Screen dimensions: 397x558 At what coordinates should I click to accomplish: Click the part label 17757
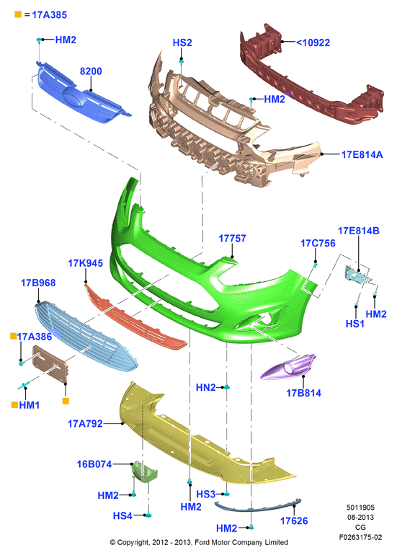click(x=232, y=239)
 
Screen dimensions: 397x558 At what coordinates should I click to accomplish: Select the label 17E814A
click(x=362, y=154)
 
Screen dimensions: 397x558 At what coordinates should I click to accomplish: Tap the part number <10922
click(x=313, y=43)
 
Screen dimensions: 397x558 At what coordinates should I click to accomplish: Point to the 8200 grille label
click(x=91, y=71)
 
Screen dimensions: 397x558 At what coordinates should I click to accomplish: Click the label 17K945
click(x=85, y=263)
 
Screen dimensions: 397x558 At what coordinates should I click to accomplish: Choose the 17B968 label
click(x=38, y=283)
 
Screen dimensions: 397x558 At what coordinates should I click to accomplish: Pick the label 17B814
click(x=304, y=393)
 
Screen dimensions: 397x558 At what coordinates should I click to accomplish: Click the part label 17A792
click(x=85, y=423)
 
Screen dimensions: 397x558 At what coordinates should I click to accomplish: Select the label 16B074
click(x=94, y=464)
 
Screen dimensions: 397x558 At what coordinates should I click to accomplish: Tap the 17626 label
click(x=294, y=521)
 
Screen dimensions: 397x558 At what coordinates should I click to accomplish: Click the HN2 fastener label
click(x=205, y=387)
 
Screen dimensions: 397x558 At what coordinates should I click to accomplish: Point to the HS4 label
click(x=122, y=515)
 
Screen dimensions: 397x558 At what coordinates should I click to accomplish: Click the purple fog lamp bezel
click(x=288, y=367)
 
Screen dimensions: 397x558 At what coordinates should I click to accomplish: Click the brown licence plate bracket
click(x=49, y=364)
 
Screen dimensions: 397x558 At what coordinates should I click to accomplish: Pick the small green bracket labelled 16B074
click(x=144, y=472)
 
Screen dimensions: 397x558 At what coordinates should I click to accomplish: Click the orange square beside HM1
click(x=14, y=404)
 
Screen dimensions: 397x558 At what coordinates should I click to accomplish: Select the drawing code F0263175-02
click(x=360, y=537)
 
